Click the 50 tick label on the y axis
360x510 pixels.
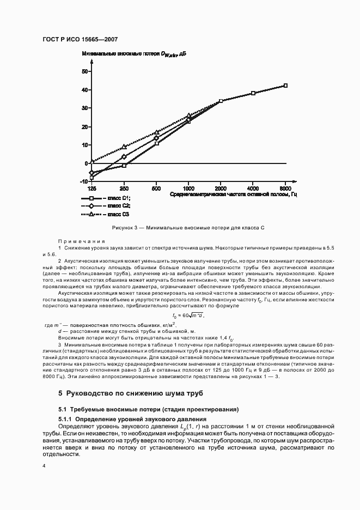(84, 71)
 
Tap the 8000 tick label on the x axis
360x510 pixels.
(285, 187)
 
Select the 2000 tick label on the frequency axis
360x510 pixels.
(221, 187)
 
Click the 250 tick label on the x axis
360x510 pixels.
(124, 187)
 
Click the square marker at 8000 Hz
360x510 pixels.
(285, 86)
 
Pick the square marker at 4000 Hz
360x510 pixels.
(253, 93)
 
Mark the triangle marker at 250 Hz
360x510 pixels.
(124, 147)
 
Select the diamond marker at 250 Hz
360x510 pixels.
(124, 157)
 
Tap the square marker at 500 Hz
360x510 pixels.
(157, 143)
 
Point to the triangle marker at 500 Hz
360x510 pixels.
(157, 132)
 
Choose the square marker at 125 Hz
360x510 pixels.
(91, 178)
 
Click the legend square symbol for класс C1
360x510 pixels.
(91, 198)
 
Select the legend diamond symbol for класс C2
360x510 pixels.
(91, 206)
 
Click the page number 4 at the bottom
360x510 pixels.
(45, 466)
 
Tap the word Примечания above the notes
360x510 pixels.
(81, 241)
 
